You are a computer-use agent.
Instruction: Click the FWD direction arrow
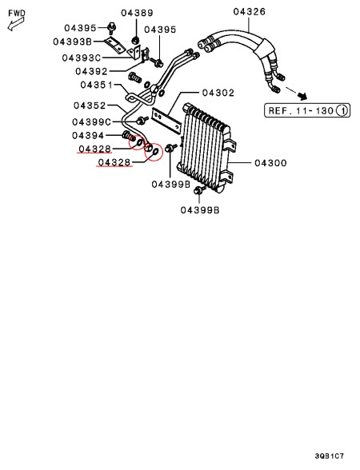16,24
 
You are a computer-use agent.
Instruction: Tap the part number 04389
137,13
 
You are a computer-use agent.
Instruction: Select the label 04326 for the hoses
250,12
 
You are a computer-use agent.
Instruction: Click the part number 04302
218,93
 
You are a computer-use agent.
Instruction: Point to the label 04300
270,163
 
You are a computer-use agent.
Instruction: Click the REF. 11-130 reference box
307,110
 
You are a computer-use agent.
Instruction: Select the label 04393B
73,42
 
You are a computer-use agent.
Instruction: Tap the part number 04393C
82,58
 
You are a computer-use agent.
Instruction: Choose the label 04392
91,71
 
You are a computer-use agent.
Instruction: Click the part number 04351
96,85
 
